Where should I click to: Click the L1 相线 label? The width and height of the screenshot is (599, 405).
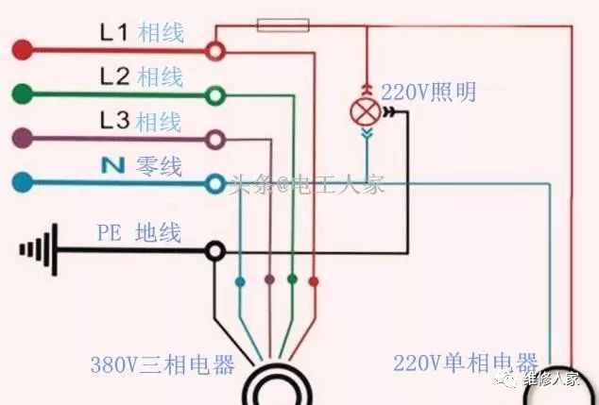(x=142, y=33)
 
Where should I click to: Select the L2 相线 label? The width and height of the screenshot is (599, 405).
(x=142, y=76)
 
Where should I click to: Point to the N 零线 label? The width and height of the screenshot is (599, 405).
(x=142, y=166)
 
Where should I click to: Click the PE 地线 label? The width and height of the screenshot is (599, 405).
(x=138, y=232)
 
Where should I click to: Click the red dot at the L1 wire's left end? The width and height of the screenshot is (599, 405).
(x=21, y=47)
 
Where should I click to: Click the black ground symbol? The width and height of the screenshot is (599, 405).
(x=39, y=249)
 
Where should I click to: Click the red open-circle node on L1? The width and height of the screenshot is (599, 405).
(x=216, y=48)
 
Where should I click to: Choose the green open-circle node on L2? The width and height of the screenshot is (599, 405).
(x=216, y=93)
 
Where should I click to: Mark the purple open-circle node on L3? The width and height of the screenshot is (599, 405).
(x=216, y=139)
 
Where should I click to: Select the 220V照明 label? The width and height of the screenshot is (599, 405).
(x=429, y=93)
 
